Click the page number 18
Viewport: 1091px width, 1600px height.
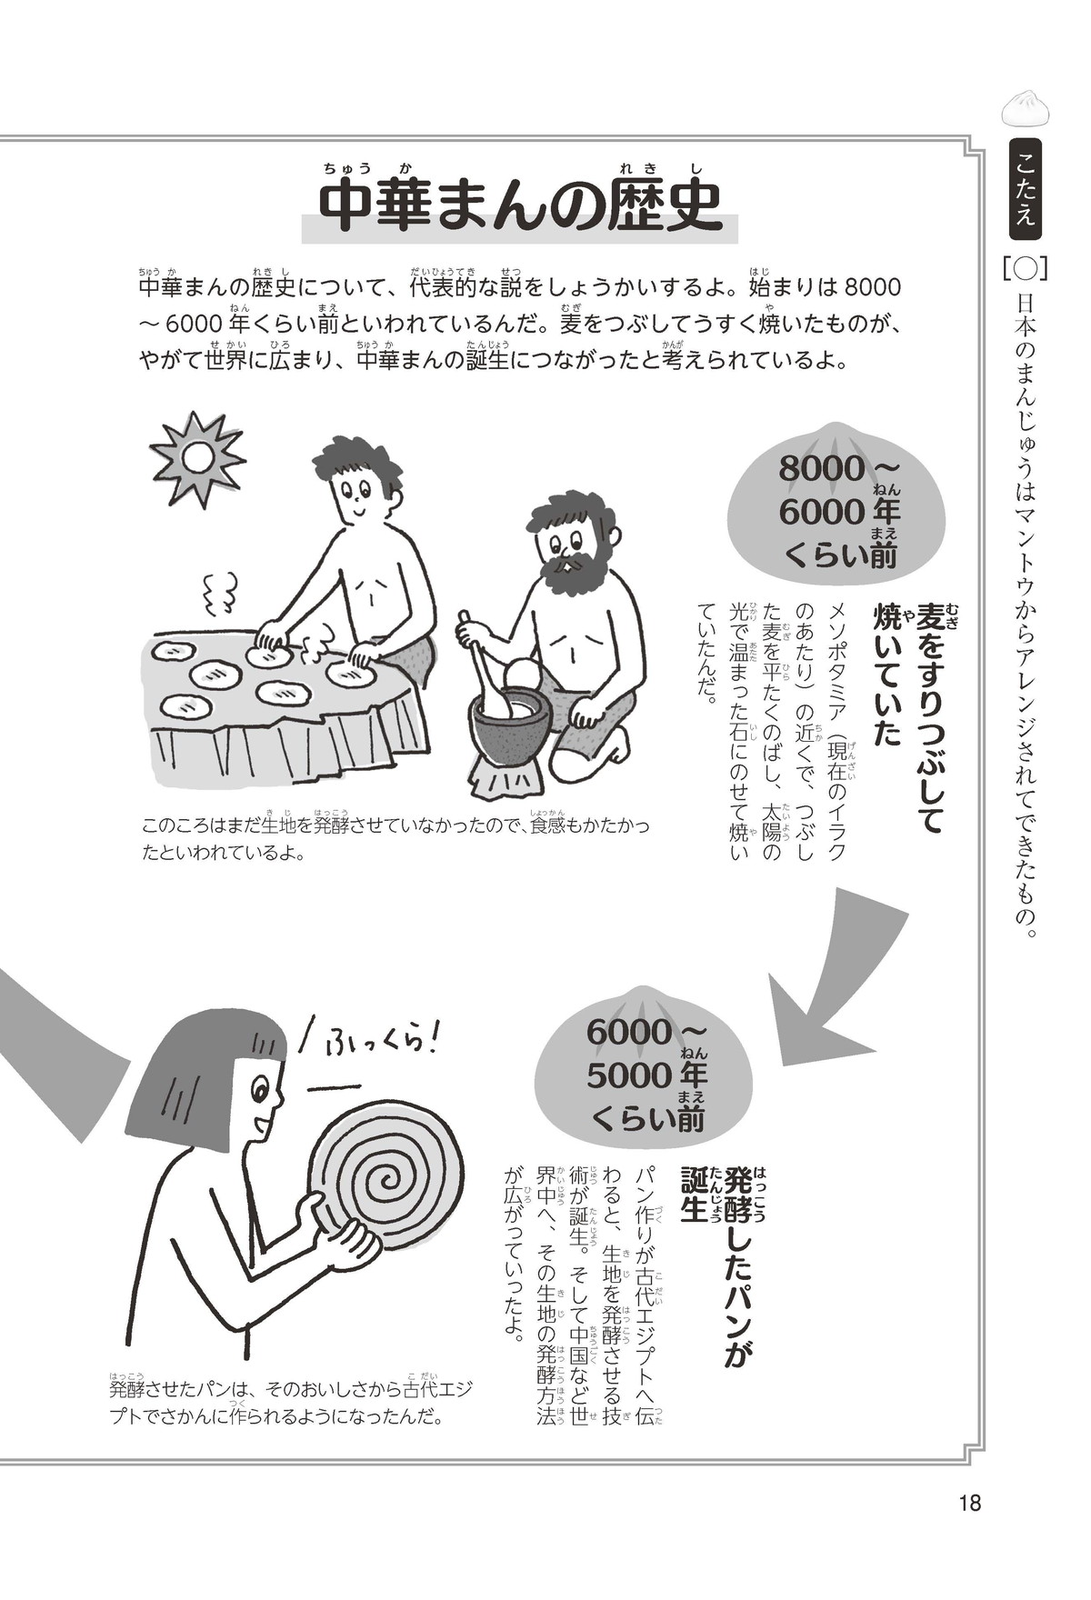(969, 1503)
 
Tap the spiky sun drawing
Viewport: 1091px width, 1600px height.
(198, 458)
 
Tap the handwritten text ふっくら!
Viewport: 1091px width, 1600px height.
(379, 1036)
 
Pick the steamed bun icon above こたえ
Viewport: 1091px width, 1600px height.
(1025, 107)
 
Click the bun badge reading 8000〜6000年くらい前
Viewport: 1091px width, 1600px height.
(836, 510)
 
